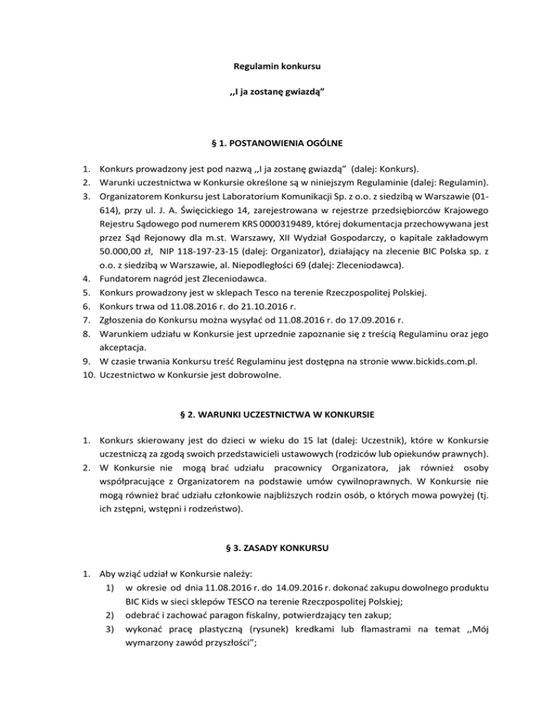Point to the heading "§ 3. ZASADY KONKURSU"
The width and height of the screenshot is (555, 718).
[x=277, y=548]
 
